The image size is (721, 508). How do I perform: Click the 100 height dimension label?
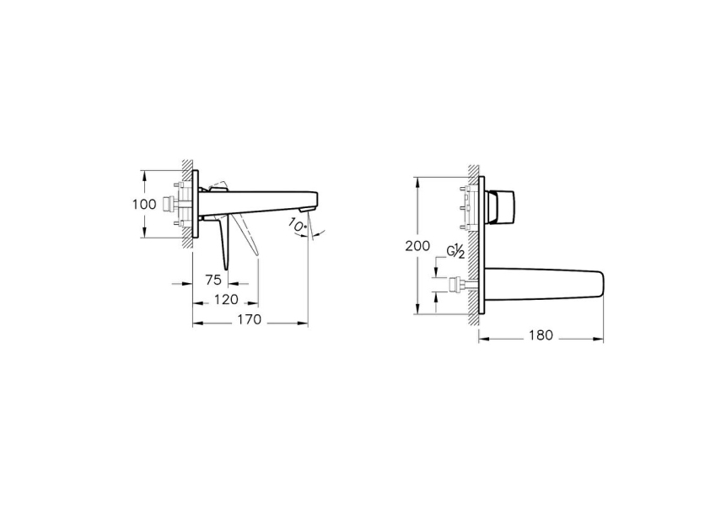click(x=144, y=205)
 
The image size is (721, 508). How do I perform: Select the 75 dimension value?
click(x=213, y=281)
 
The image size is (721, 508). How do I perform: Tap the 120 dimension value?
click(x=224, y=300)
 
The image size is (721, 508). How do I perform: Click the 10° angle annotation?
click(x=297, y=225)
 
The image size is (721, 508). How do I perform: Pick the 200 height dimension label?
click(x=417, y=246)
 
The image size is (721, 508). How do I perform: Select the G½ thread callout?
click(x=456, y=252)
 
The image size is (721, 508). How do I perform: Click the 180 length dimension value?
click(x=540, y=335)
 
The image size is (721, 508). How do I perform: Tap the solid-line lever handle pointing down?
click(x=224, y=244)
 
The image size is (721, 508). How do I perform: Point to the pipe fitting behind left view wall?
click(x=177, y=203)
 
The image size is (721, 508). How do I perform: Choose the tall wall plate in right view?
click(x=481, y=244)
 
